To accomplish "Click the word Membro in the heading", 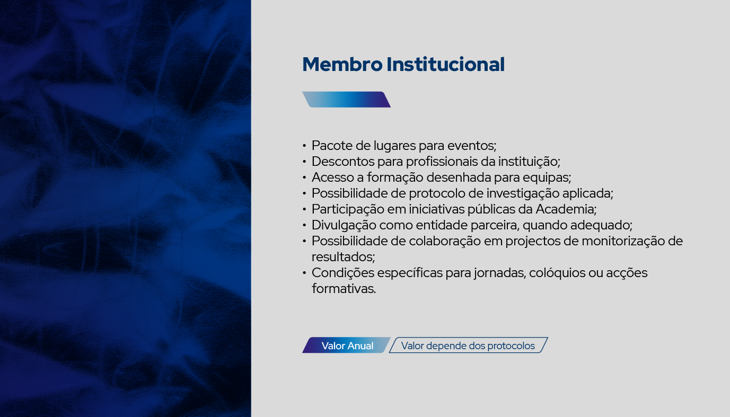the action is click(x=342, y=64).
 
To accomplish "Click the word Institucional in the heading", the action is click(x=445, y=64).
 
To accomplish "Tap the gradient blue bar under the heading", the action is click(x=346, y=100).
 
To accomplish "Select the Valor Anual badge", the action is click(x=346, y=345).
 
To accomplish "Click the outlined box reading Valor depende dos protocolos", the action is click(x=468, y=345).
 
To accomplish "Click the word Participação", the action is click(x=348, y=210).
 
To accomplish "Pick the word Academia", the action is click(x=566, y=209).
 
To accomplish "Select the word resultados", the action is click(x=343, y=257).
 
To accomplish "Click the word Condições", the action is click(x=343, y=273).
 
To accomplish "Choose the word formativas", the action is click(x=344, y=289).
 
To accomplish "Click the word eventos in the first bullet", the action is click(x=472, y=146).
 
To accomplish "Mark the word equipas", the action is click(x=547, y=178).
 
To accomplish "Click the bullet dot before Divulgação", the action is click(x=304, y=225).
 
